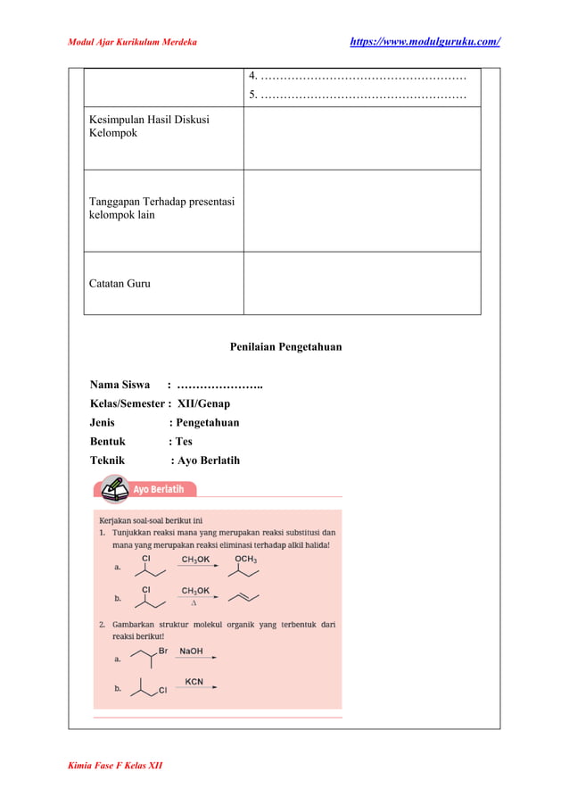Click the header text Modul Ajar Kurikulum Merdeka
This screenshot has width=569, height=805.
pyautogui.click(x=133, y=42)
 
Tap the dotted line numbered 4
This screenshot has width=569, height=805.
pyautogui.click(x=357, y=76)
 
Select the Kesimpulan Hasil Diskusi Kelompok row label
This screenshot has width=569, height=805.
pyautogui.click(x=149, y=126)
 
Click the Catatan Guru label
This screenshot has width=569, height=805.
pyautogui.click(x=120, y=284)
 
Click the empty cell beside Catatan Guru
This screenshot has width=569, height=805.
pyautogui.click(x=361, y=283)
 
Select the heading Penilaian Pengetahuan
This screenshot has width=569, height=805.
pyautogui.click(x=285, y=347)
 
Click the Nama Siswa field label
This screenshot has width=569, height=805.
pyautogui.click(x=120, y=385)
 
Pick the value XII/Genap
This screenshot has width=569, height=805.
pyautogui.click(x=203, y=403)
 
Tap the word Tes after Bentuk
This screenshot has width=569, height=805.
pyautogui.click(x=183, y=441)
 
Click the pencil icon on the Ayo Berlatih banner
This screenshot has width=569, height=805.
pyautogui.click(x=113, y=488)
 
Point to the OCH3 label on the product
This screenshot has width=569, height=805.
pyautogui.click(x=245, y=560)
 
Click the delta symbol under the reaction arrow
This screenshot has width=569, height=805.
pyautogui.click(x=194, y=602)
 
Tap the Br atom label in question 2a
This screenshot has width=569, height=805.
pyautogui.click(x=163, y=651)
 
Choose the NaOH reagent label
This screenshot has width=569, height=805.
pyautogui.click(x=192, y=651)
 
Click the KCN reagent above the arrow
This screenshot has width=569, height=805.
pyautogui.click(x=194, y=682)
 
